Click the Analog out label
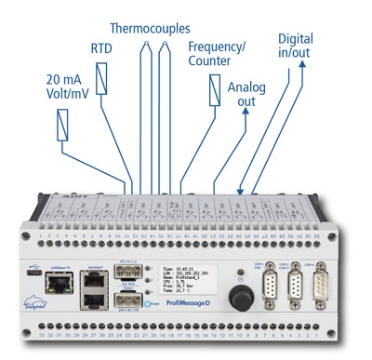(x=245, y=92)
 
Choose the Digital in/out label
(x=295, y=47)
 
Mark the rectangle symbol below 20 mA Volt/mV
(x=63, y=124)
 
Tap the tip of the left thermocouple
(x=145, y=45)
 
